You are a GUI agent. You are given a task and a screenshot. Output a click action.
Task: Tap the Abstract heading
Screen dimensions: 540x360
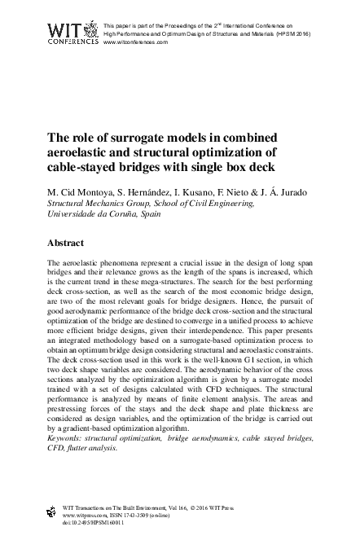tap(68, 243)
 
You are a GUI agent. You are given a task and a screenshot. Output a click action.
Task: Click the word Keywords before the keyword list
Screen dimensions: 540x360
tap(70, 438)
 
